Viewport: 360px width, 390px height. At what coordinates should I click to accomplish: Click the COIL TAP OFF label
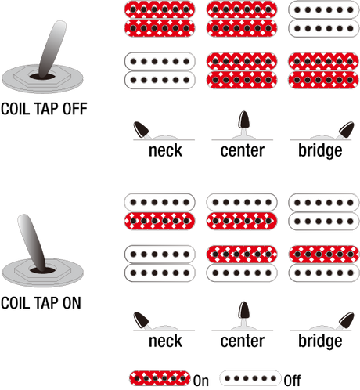tap(44, 109)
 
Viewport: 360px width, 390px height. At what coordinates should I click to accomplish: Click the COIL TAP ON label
tap(41, 303)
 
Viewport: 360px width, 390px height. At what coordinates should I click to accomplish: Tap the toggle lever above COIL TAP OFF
tap(51, 49)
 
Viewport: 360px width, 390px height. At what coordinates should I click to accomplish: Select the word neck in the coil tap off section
tap(165, 150)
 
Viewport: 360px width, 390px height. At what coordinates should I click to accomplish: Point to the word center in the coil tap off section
tap(243, 150)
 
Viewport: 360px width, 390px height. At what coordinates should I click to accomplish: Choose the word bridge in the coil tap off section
tap(320, 151)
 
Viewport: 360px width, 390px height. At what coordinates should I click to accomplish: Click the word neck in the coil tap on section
tap(165, 341)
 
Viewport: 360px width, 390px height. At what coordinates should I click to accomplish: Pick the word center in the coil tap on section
tap(243, 341)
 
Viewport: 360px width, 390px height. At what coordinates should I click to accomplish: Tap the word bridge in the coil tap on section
tap(320, 341)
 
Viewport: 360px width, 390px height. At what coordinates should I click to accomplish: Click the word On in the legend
tap(201, 381)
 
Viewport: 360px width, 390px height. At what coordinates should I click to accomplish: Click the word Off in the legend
tap(292, 381)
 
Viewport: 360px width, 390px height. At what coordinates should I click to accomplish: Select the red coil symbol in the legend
tap(160, 378)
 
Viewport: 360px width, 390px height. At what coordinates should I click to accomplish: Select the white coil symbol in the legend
tap(250, 378)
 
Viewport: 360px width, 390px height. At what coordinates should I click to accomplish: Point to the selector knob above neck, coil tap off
tap(141, 129)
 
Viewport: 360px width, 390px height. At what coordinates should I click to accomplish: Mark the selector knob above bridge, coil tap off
tap(347, 129)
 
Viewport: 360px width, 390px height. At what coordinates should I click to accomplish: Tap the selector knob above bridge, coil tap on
tap(347, 320)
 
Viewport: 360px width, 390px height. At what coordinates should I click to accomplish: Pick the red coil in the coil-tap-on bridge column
tap(324, 254)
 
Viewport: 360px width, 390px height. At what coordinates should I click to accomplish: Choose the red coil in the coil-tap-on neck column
tap(160, 221)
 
